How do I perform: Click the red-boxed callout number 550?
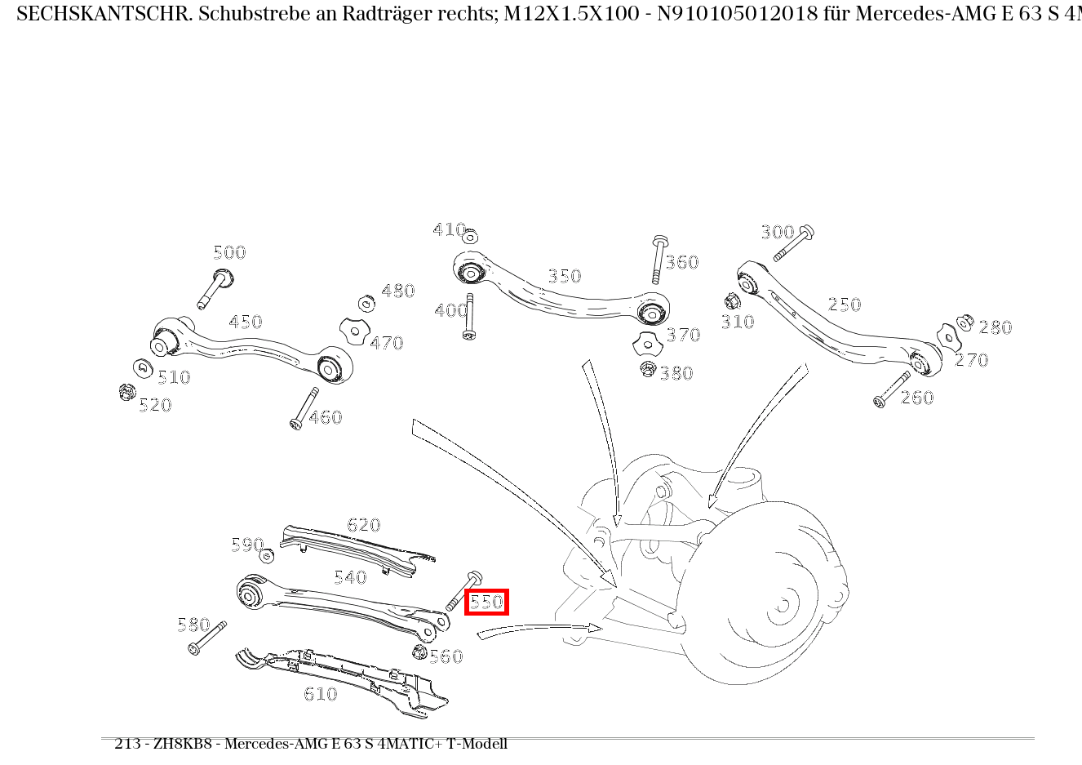point(486,603)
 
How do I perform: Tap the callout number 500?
point(229,252)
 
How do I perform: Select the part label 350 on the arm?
point(564,276)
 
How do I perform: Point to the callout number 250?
point(844,305)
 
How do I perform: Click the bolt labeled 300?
point(792,242)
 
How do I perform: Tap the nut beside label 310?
point(732,300)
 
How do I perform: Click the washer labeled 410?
point(469,237)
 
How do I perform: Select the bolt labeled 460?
point(304,408)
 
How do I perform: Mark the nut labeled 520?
point(126,393)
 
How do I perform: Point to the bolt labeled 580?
point(206,638)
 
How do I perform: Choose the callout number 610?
point(320,694)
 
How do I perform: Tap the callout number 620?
point(363,525)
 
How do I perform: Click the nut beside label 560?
point(420,652)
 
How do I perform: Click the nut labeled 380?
point(648,368)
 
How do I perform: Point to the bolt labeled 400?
point(470,318)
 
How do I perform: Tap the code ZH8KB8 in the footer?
point(180,744)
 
